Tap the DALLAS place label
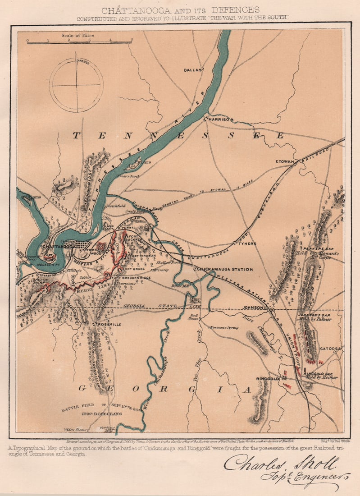coord(193,70)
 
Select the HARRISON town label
coord(220,119)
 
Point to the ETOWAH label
coord(285,161)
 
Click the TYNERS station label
coord(247,243)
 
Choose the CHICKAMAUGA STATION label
coord(224,269)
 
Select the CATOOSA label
coord(331,349)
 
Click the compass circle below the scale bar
coord(76,84)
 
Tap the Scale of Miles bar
coord(80,41)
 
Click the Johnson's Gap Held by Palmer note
coord(315,317)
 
